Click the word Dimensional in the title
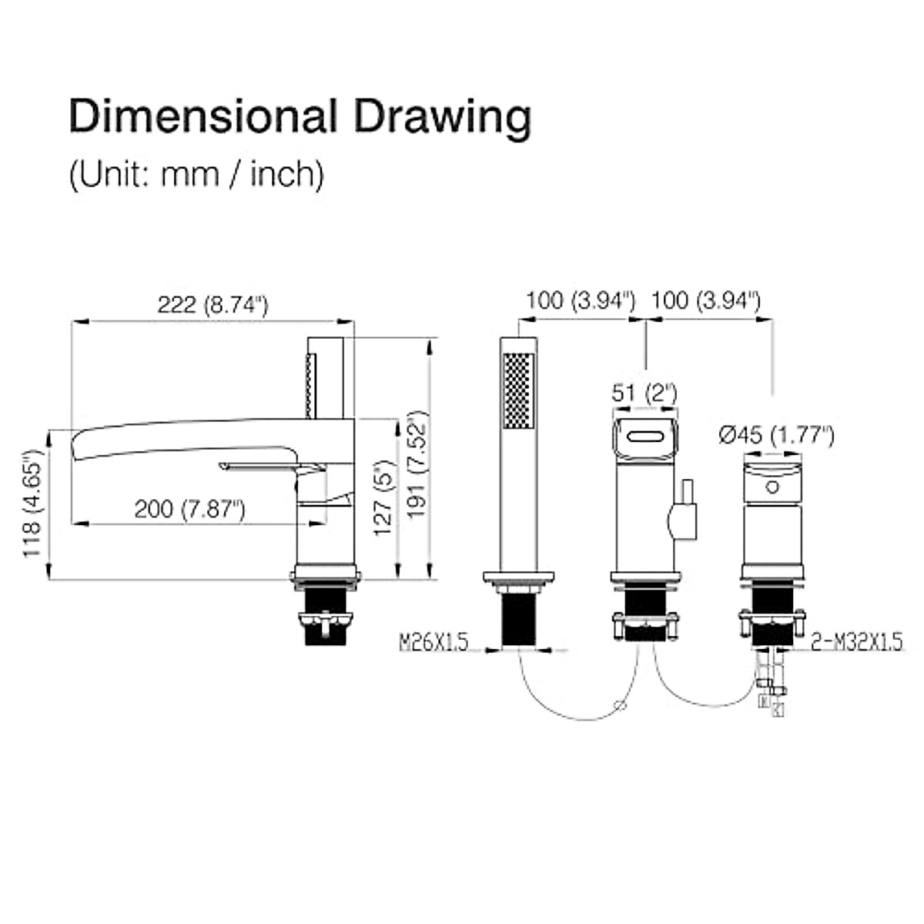(x=203, y=116)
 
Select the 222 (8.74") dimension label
(x=213, y=305)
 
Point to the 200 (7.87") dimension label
(x=190, y=509)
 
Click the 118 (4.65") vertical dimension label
(x=32, y=504)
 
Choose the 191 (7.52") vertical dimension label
(x=417, y=464)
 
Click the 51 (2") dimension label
(x=644, y=393)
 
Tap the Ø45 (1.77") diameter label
(x=776, y=435)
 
